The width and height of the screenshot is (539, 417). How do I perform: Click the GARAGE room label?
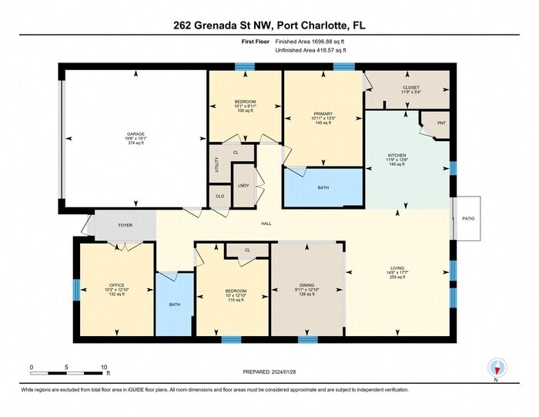(136, 134)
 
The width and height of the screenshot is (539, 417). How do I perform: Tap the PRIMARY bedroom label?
(322, 113)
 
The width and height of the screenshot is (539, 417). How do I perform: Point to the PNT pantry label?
(441, 123)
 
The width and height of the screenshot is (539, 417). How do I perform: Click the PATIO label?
(468, 219)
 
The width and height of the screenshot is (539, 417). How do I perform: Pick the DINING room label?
(306, 284)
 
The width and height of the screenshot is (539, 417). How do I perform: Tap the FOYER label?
(125, 225)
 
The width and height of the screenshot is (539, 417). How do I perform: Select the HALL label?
(266, 224)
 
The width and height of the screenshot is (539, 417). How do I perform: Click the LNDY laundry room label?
(243, 185)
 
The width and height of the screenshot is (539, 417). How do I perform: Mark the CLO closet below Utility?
(219, 197)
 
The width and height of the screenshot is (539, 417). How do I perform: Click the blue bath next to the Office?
(175, 304)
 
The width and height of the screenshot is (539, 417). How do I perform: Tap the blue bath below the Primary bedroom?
(323, 187)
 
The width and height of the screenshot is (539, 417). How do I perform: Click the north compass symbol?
(496, 369)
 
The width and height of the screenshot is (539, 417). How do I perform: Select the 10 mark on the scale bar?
(103, 368)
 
